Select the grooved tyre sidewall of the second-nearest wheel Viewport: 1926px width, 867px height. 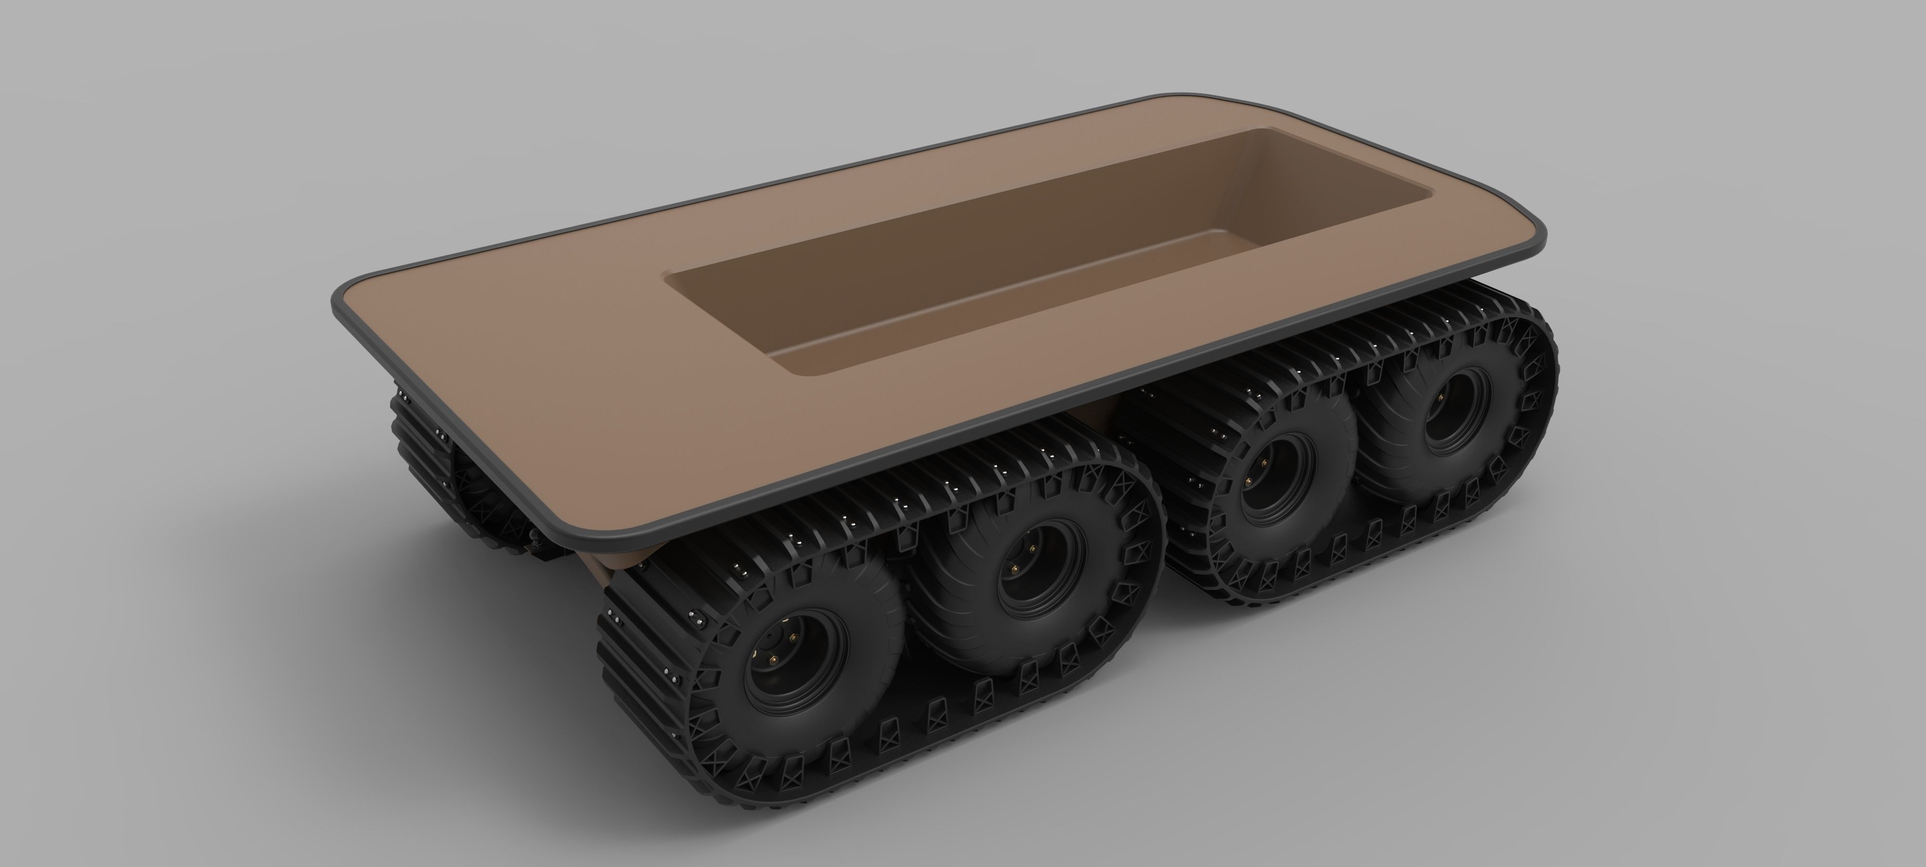tap(972, 598)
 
